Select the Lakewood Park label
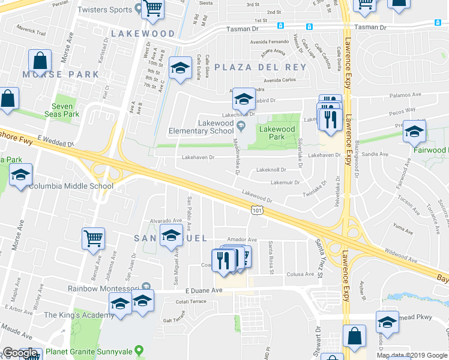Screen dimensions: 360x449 pos(277,133)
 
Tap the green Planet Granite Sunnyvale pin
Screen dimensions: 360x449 pos(139,349)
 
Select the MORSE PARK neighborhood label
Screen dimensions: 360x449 pos(61,74)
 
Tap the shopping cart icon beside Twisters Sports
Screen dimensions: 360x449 pos(154,8)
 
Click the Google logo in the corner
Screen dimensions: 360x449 pos(19,353)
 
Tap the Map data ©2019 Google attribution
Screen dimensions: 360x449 pos(412,355)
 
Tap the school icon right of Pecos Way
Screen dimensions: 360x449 pos(414,133)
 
